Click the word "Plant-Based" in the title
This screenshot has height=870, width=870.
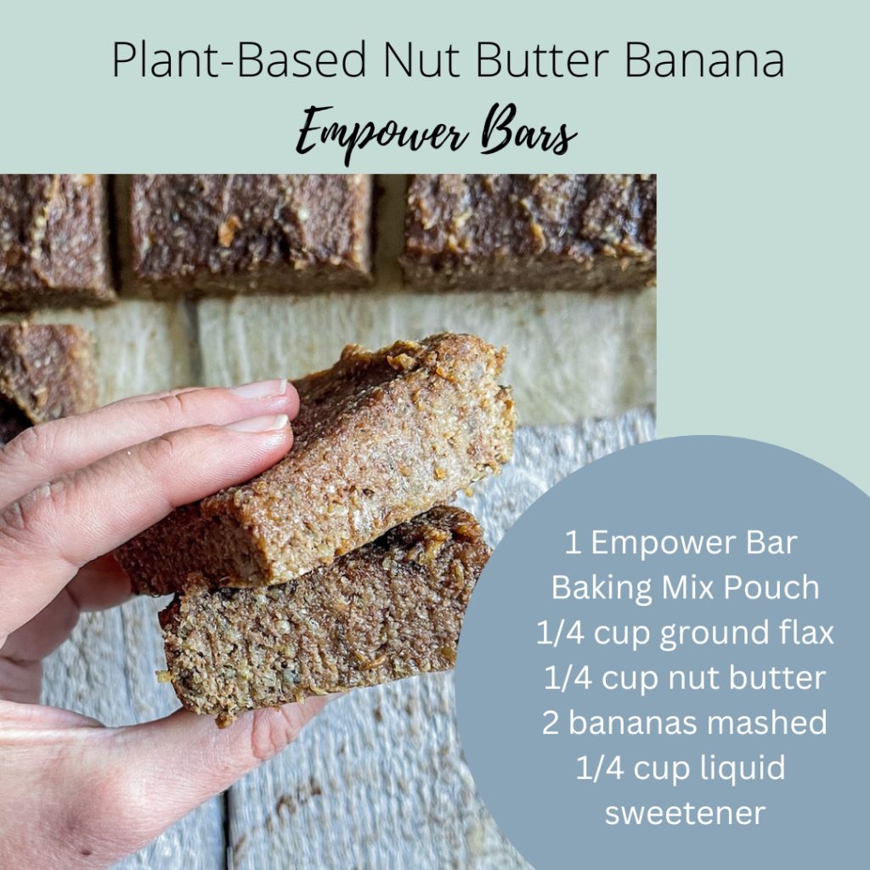coord(239,59)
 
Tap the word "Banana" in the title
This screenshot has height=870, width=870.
coord(704,59)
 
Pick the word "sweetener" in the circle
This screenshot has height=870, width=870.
coord(686,813)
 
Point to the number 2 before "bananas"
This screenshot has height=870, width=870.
coord(550,723)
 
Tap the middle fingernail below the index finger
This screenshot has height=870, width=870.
coord(260,423)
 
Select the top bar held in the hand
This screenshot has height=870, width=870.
coord(344,466)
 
